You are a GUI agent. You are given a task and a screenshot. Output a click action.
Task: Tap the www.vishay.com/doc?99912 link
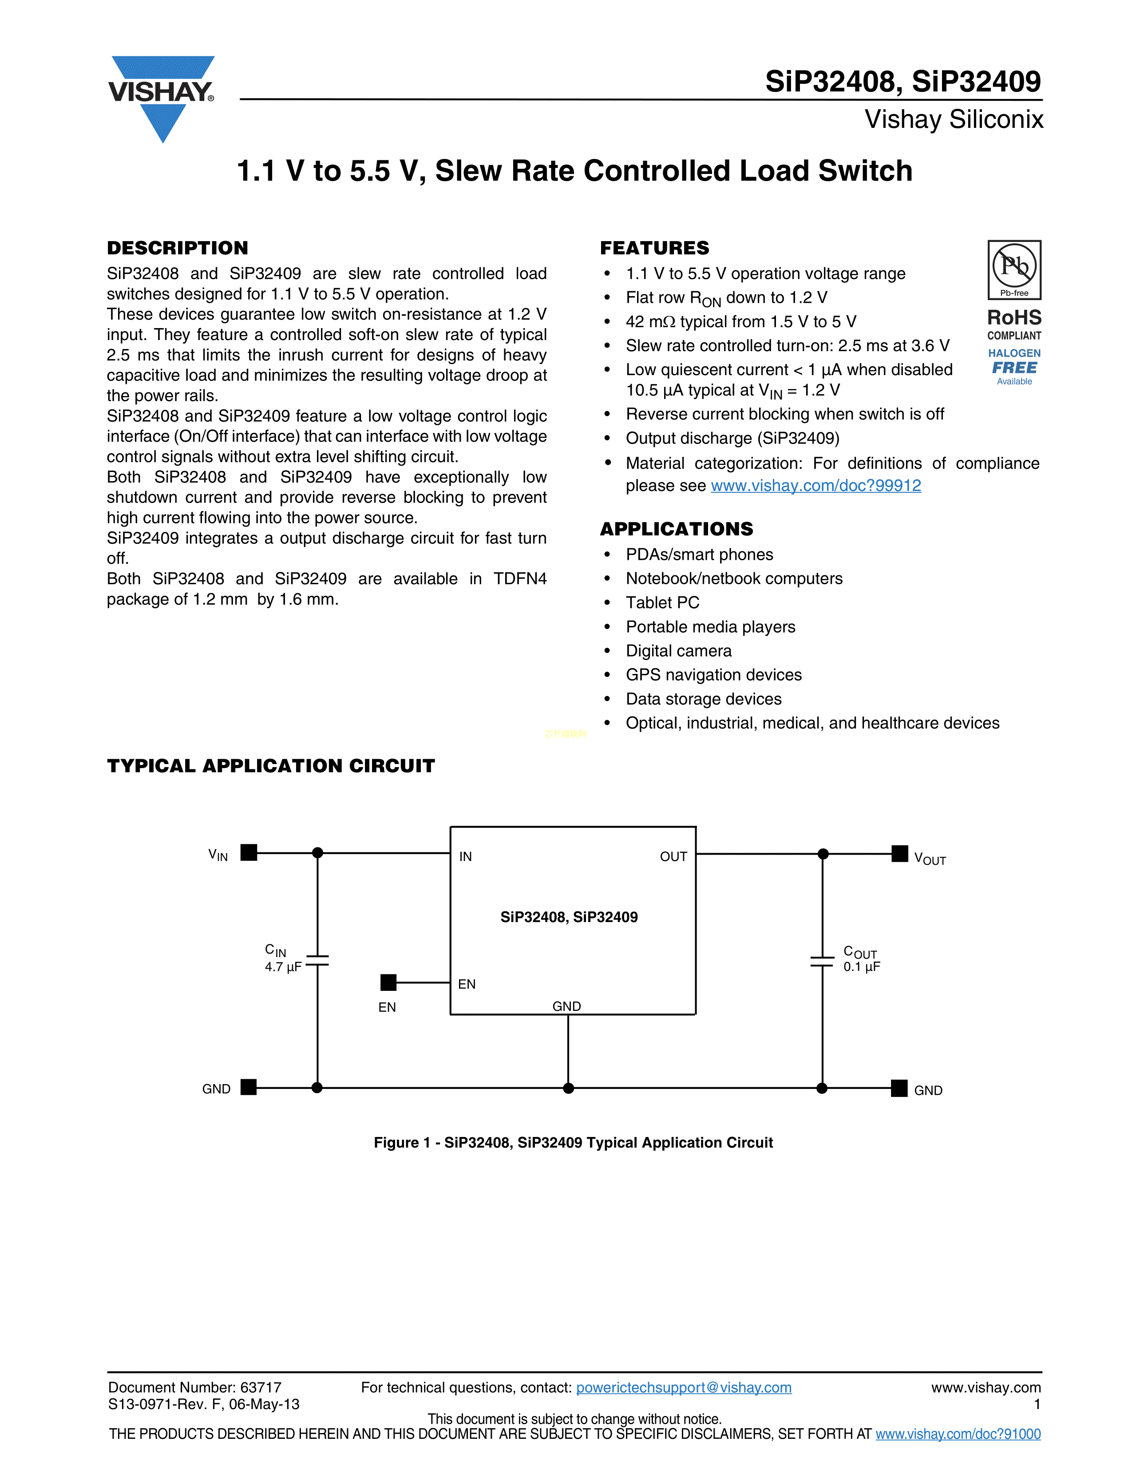[815, 486]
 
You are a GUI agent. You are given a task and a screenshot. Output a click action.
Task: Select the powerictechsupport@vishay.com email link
[683, 1387]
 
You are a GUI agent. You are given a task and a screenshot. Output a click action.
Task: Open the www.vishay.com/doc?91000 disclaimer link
[958, 1434]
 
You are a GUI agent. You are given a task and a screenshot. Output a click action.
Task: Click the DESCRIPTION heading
[178, 248]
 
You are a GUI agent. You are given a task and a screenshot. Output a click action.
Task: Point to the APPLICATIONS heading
[676, 529]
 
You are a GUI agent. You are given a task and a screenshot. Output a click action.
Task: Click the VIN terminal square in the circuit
[249, 852]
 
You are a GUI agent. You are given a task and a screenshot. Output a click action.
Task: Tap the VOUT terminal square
[899, 854]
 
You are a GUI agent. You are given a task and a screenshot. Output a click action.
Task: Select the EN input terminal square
[388, 983]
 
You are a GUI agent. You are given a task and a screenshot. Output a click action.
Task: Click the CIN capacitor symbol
[317, 961]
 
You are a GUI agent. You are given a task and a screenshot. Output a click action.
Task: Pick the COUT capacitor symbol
[822, 961]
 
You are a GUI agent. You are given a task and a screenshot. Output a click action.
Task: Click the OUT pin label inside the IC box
[673, 857]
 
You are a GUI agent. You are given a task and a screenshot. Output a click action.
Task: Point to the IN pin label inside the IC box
[465, 857]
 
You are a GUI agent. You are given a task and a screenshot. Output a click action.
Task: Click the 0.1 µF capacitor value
[862, 966]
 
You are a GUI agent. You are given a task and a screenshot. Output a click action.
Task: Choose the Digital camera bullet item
[678, 651]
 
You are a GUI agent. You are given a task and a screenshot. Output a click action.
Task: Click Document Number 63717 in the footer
[194, 1387]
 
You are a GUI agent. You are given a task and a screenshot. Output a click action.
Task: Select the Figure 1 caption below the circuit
[574, 1142]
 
